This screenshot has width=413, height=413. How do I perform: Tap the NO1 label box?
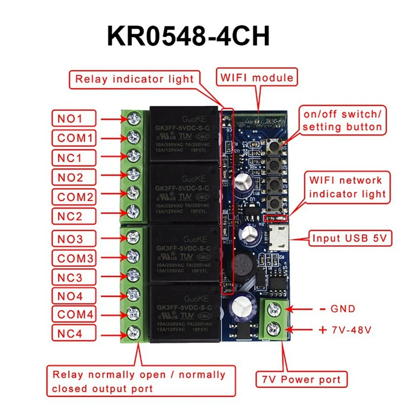tap(74, 119)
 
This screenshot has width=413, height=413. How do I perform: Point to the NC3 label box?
tap(74, 277)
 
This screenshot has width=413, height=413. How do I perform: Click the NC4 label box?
tap(74, 333)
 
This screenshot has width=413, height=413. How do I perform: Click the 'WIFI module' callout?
tap(258, 78)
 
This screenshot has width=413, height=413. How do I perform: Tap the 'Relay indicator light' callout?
tap(134, 79)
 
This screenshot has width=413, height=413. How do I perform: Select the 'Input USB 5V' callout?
tap(351, 239)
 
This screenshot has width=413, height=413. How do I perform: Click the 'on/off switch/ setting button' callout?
tap(343, 120)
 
